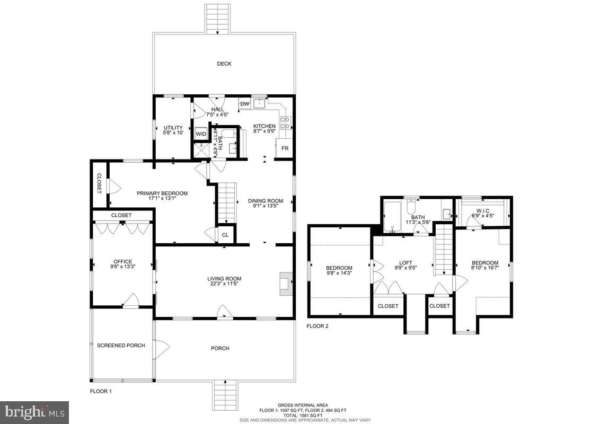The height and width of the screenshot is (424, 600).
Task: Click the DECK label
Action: pos(224,64)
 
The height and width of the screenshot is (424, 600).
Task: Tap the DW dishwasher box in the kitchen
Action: pos(244,104)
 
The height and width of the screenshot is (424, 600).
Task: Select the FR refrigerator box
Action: pos(285,148)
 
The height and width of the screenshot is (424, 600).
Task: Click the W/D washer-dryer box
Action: pos(201,134)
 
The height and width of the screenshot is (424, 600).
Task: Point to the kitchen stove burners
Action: pos(285,123)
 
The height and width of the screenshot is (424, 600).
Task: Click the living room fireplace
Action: pos(286,283)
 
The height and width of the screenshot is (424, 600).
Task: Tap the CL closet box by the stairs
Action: pos(225,235)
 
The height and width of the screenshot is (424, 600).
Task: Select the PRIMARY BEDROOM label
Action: pos(162,193)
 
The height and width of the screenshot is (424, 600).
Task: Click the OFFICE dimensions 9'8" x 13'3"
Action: pos(122,268)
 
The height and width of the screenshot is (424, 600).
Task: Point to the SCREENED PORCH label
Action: pos(121,346)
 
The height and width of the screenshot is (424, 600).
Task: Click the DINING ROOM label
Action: pos(266,201)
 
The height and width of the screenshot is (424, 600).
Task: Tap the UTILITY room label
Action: pos(173,128)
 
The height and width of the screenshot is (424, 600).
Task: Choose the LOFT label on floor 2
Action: pos(405,262)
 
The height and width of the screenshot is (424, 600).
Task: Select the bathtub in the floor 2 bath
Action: pos(393,218)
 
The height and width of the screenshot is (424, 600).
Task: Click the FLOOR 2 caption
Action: pos(317,326)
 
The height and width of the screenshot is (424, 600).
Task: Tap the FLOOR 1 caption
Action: pos(101,391)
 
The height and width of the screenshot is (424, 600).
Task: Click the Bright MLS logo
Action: pos(34,412)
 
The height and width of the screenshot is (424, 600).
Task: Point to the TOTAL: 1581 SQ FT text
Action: pos(303,415)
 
